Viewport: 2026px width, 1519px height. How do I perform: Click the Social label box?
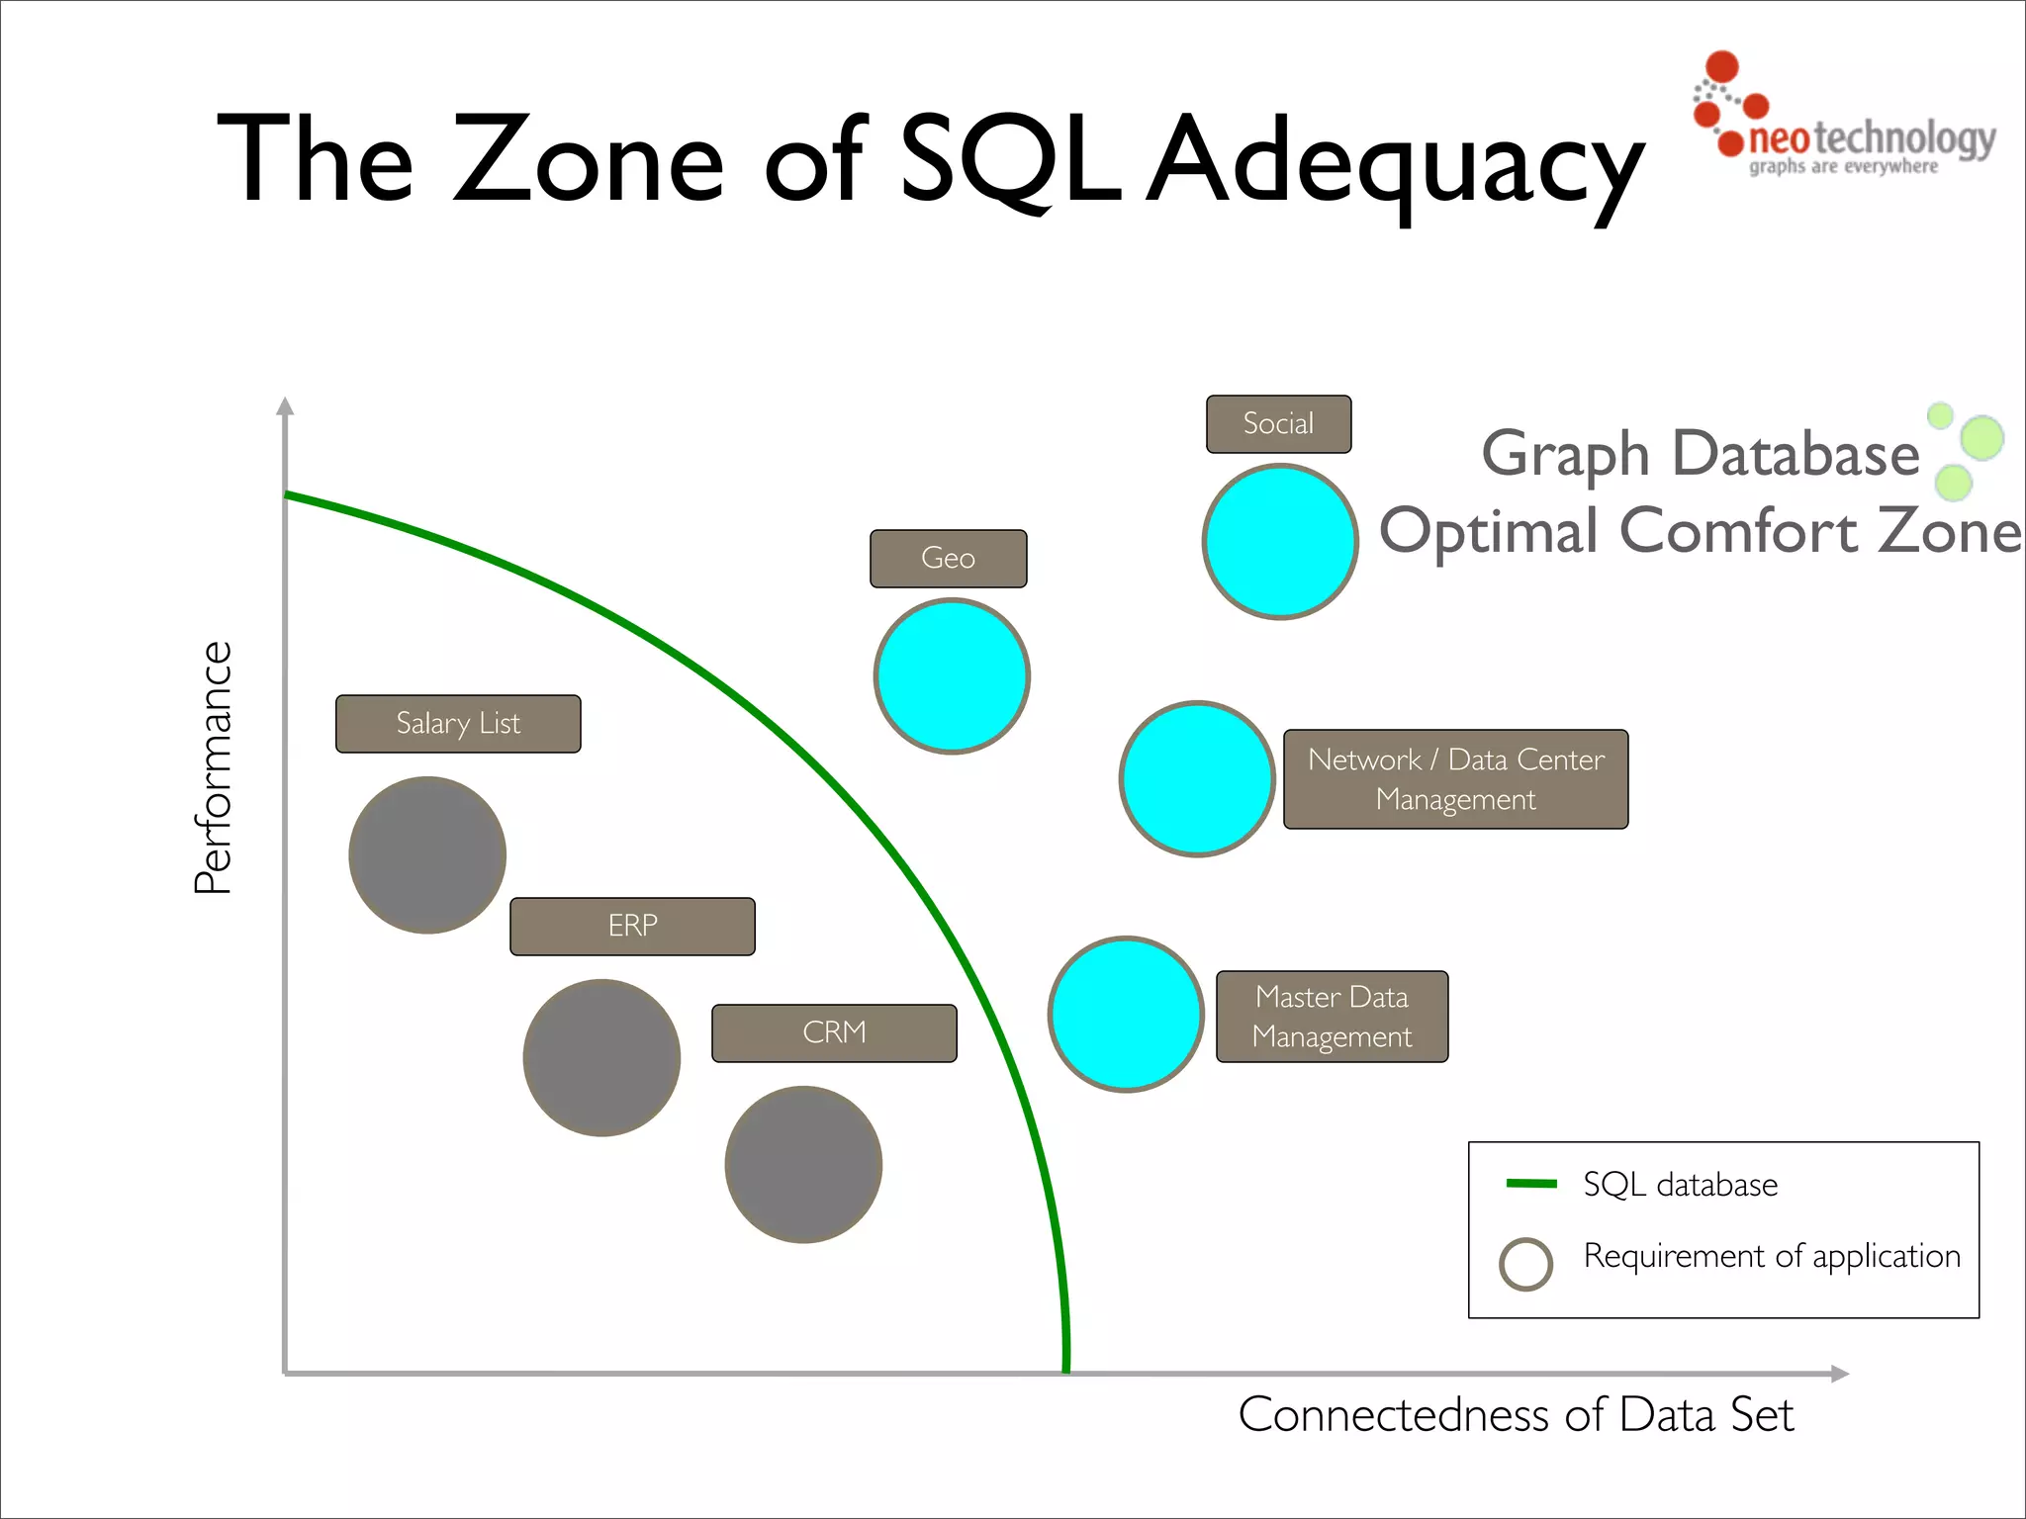[x=1278, y=424]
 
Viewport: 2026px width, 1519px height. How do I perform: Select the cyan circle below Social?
[x=1280, y=542]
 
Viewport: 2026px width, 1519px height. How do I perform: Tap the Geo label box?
[x=948, y=559]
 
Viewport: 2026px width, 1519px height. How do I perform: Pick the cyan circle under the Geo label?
[x=952, y=676]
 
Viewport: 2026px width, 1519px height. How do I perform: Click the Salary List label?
[x=458, y=724]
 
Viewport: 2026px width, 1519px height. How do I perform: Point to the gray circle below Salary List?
[x=427, y=854]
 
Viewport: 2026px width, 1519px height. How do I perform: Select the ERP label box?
[x=632, y=927]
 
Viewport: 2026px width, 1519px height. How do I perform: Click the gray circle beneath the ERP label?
[x=601, y=1057]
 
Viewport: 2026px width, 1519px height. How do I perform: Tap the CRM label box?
[x=834, y=1033]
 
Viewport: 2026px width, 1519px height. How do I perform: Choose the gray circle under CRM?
[x=803, y=1164]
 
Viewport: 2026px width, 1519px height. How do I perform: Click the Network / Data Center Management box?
[x=1455, y=779]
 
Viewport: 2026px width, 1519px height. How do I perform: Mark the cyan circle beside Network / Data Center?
[x=1197, y=779]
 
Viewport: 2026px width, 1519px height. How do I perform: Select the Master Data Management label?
[x=1332, y=1017]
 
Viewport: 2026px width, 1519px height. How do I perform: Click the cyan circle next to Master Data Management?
[x=1126, y=1015]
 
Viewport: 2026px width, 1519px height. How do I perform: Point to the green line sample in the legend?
[x=1530, y=1184]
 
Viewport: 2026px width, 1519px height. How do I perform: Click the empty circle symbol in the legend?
[x=1525, y=1264]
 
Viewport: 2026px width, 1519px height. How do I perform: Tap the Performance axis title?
[x=213, y=767]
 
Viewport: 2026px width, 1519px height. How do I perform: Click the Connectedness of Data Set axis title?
[x=1516, y=1415]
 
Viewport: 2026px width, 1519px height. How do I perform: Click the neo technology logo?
[x=1845, y=119]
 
